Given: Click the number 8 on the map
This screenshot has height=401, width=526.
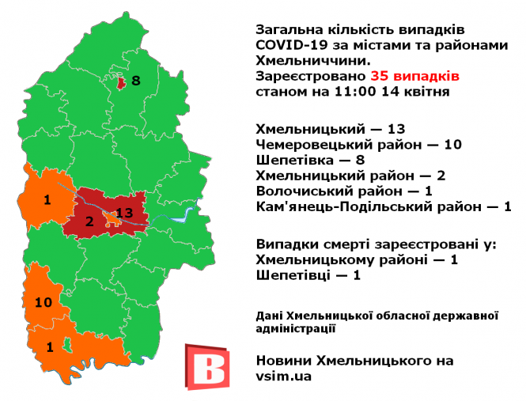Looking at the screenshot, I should pos(135,81).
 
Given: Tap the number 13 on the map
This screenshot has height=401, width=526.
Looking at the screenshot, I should pos(124,214).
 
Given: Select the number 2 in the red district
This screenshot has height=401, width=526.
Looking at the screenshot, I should pos(89,222).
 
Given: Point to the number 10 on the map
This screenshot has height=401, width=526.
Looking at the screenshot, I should pos(44,301).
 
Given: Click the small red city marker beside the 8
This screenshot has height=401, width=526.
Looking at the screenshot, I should pos(119,82).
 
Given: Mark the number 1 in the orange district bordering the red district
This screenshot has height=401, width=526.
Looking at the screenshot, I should pos(47,199).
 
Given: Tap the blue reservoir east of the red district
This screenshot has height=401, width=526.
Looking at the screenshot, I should pos(187,214).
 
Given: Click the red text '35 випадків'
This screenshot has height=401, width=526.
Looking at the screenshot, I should pos(414,77).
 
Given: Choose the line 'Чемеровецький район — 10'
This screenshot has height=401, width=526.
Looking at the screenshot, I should pos(358,145).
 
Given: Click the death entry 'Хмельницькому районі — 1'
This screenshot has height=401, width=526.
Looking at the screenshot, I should pos(357,259).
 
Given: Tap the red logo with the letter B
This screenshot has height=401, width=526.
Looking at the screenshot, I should pos(206,365).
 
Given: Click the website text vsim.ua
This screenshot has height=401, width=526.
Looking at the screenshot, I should pos(284,376).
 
